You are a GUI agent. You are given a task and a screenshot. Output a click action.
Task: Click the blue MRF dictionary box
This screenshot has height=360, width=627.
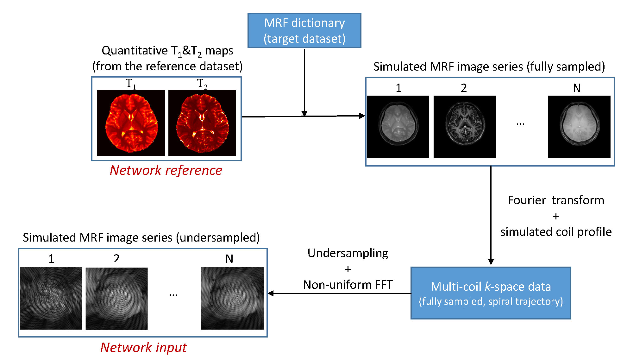click(304, 31)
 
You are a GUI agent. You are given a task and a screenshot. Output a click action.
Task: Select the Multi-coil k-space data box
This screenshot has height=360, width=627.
click(491, 293)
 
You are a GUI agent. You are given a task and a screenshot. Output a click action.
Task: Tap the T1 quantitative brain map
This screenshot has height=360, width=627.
click(131, 123)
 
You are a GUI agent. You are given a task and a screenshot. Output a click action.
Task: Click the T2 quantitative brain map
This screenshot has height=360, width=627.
click(202, 123)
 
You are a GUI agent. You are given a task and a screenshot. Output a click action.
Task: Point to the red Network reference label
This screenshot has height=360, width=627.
click(166, 170)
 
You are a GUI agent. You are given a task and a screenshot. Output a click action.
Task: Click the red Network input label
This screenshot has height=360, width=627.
click(143, 347)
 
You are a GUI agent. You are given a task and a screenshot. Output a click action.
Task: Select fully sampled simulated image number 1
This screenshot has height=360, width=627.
click(398, 127)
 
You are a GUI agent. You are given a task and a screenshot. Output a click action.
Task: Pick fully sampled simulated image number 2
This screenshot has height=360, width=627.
click(465, 127)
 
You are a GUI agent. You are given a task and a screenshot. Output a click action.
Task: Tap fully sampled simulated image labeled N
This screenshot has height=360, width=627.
click(579, 127)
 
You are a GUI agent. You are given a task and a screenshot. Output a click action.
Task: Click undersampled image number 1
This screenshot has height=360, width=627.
click(51, 298)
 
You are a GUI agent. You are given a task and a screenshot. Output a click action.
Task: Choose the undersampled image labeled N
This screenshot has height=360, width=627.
click(232, 298)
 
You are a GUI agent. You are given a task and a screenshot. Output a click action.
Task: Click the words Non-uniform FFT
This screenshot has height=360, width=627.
click(348, 285)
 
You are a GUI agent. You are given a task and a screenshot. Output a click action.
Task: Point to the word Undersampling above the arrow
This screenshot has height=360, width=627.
click(348, 253)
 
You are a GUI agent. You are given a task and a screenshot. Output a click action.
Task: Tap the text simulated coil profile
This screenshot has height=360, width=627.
click(556, 232)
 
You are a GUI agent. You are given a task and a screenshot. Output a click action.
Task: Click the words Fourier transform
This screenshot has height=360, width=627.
click(556, 200)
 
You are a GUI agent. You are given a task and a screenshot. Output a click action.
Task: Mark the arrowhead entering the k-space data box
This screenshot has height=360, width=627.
click(491, 262)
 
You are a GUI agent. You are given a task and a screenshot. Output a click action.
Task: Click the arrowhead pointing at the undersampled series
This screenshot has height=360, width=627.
click(271, 293)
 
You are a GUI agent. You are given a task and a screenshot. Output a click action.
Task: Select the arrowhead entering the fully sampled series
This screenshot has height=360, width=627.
click(362, 116)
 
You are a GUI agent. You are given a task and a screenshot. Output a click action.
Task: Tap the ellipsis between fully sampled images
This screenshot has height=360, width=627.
click(520, 124)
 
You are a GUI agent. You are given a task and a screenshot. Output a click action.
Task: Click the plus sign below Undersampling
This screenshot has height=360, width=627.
click(348, 269)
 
